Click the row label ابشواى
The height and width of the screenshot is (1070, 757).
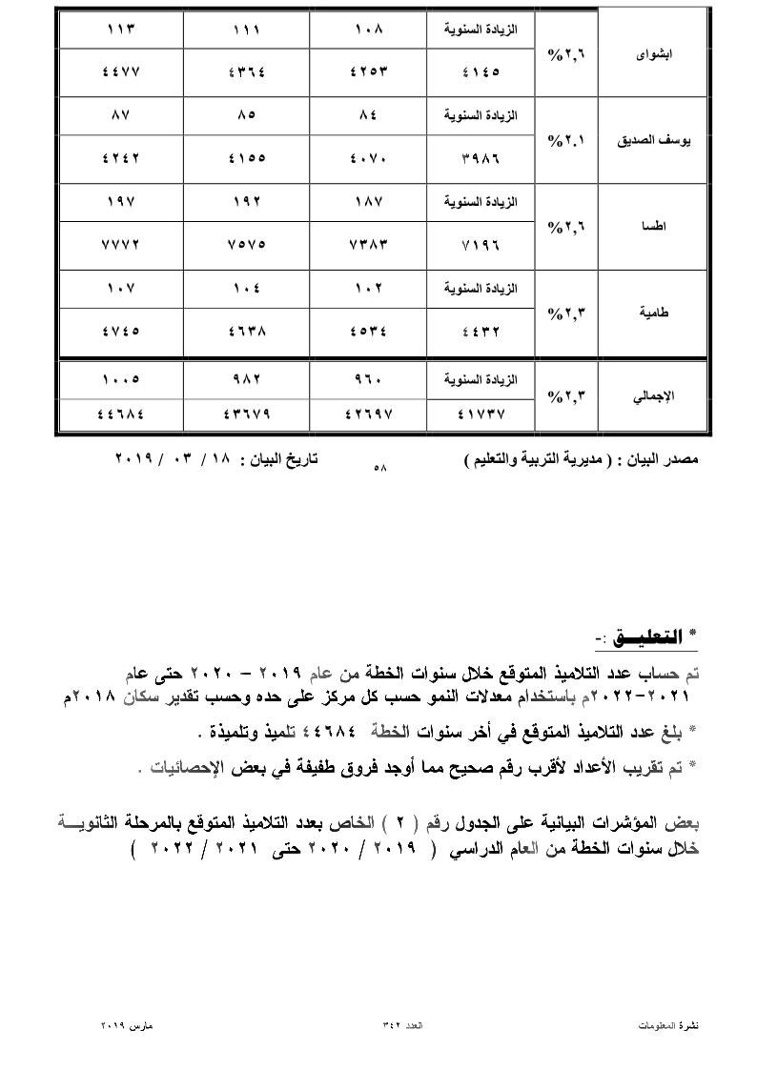point(654,54)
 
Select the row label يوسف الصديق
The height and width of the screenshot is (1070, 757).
point(654,140)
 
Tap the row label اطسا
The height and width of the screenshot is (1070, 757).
point(654,228)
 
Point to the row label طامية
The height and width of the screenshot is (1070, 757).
point(654,313)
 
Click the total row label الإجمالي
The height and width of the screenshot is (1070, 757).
point(654,394)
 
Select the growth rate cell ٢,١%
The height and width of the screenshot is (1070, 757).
point(565,140)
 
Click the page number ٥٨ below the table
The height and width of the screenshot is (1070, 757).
point(380,468)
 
